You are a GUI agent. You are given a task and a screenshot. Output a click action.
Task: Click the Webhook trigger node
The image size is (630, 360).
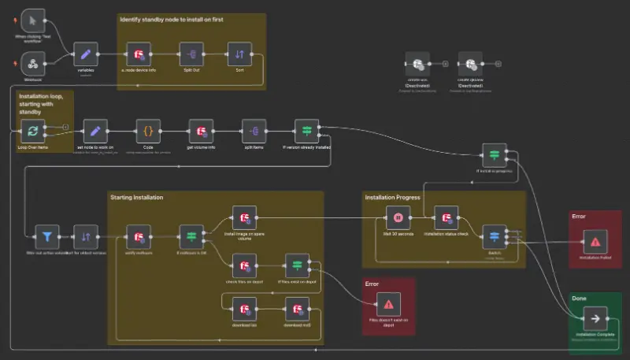(x=34, y=62)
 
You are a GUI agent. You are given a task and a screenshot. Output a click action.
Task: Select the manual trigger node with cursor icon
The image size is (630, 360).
(x=34, y=20)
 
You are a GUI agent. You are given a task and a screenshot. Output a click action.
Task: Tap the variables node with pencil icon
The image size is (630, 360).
(x=85, y=54)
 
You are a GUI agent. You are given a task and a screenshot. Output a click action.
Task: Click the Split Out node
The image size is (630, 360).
(x=192, y=54)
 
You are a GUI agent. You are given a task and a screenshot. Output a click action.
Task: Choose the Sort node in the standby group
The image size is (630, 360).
(x=239, y=54)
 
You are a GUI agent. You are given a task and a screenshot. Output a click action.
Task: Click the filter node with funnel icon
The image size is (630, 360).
(x=47, y=236)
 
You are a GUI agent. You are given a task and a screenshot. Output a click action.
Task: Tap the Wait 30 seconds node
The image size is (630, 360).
(x=398, y=217)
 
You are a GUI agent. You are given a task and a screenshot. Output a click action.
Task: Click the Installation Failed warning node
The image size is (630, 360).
(x=595, y=241)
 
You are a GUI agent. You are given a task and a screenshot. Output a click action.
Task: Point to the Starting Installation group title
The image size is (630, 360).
(x=136, y=197)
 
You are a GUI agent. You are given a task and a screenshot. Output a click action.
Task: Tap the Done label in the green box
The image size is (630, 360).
(x=580, y=300)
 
